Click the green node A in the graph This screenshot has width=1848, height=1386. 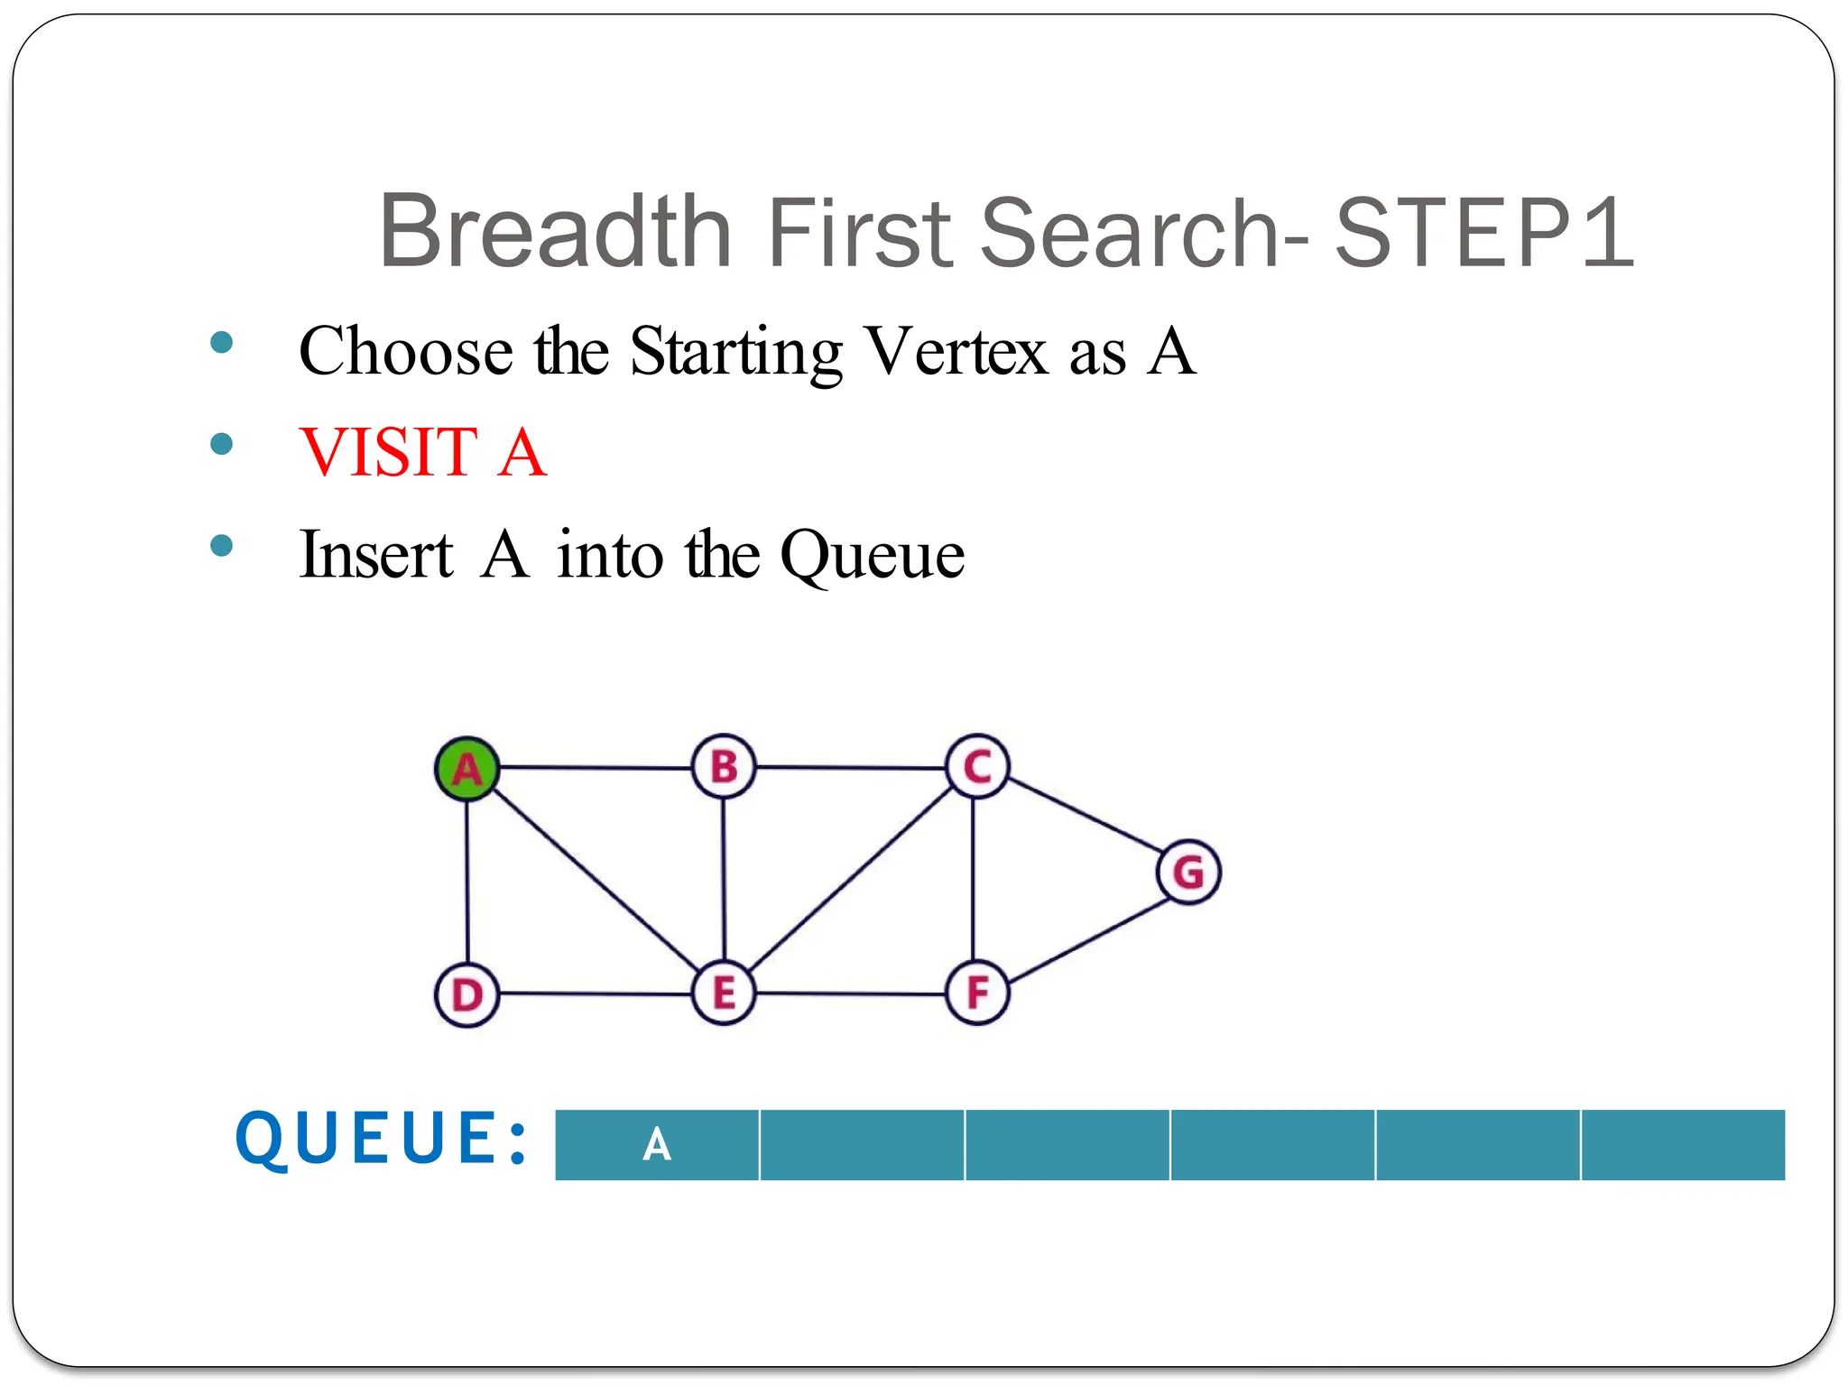point(467,769)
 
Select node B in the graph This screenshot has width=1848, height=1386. point(724,767)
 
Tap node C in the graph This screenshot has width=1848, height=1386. point(977,767)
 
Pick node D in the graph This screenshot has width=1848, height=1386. point(467,995)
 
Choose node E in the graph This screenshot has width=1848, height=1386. point(724,993)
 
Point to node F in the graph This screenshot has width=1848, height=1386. point(977,993)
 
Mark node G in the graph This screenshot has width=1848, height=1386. point(1188,873)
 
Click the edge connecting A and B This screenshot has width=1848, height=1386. point(596,768)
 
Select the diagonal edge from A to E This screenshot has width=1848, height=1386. point(596,881)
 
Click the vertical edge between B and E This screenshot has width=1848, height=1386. point(724,880)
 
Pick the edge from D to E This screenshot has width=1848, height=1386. point(596,993)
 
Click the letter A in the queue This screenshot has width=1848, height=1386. point(657,1145)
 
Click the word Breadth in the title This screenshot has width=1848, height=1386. point(555,232)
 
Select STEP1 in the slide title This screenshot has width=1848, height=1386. point(1484,233)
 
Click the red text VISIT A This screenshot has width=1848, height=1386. point(423,452)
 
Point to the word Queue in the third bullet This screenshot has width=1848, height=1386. point(873,555)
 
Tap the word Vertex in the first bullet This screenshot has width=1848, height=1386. point(956,351)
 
